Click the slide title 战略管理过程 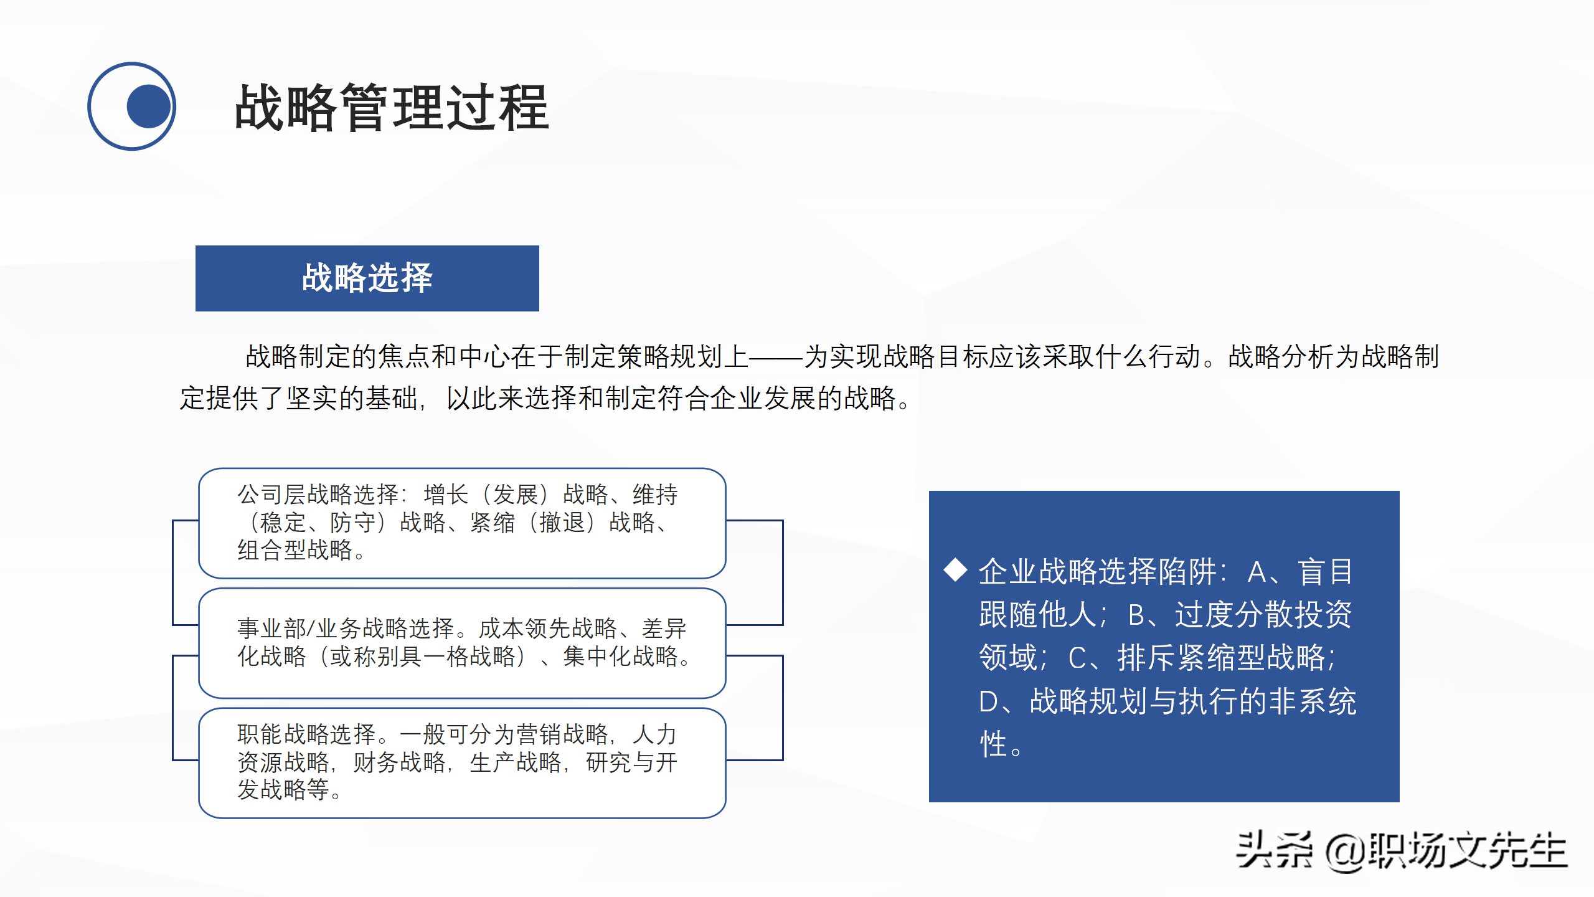pyautogui.click(x=391, y=108)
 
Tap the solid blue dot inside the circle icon pyautogui.click(x=148, y=107)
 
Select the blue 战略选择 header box pyautogui.click(x=367, y=278)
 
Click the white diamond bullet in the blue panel pyautogui.click(x=955, y=570)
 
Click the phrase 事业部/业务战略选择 pyautogui.click(x=346, y=628)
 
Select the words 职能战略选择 pyautogui.click(x=306, y=734)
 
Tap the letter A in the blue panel pyautogui.click(x=1257, y=572)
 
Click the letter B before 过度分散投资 pyautogui.click(x=1137, y=615)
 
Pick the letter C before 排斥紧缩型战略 pyautogui.click(x=1078, y=658)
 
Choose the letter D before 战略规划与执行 pyautogui.click(x=989, y=701)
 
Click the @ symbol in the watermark pyautogui.click(x=1346, y=852)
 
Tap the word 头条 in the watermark pyautogui.click(x=1274, y=850)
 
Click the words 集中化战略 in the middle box pyautogui.click(x=620, y=656)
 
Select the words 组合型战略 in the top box pyautogui.click(x=295, y=550)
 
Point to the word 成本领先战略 pyautogui.click(x=548, y=628)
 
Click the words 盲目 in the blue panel pyautogui.click(x=1326, y=572)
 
